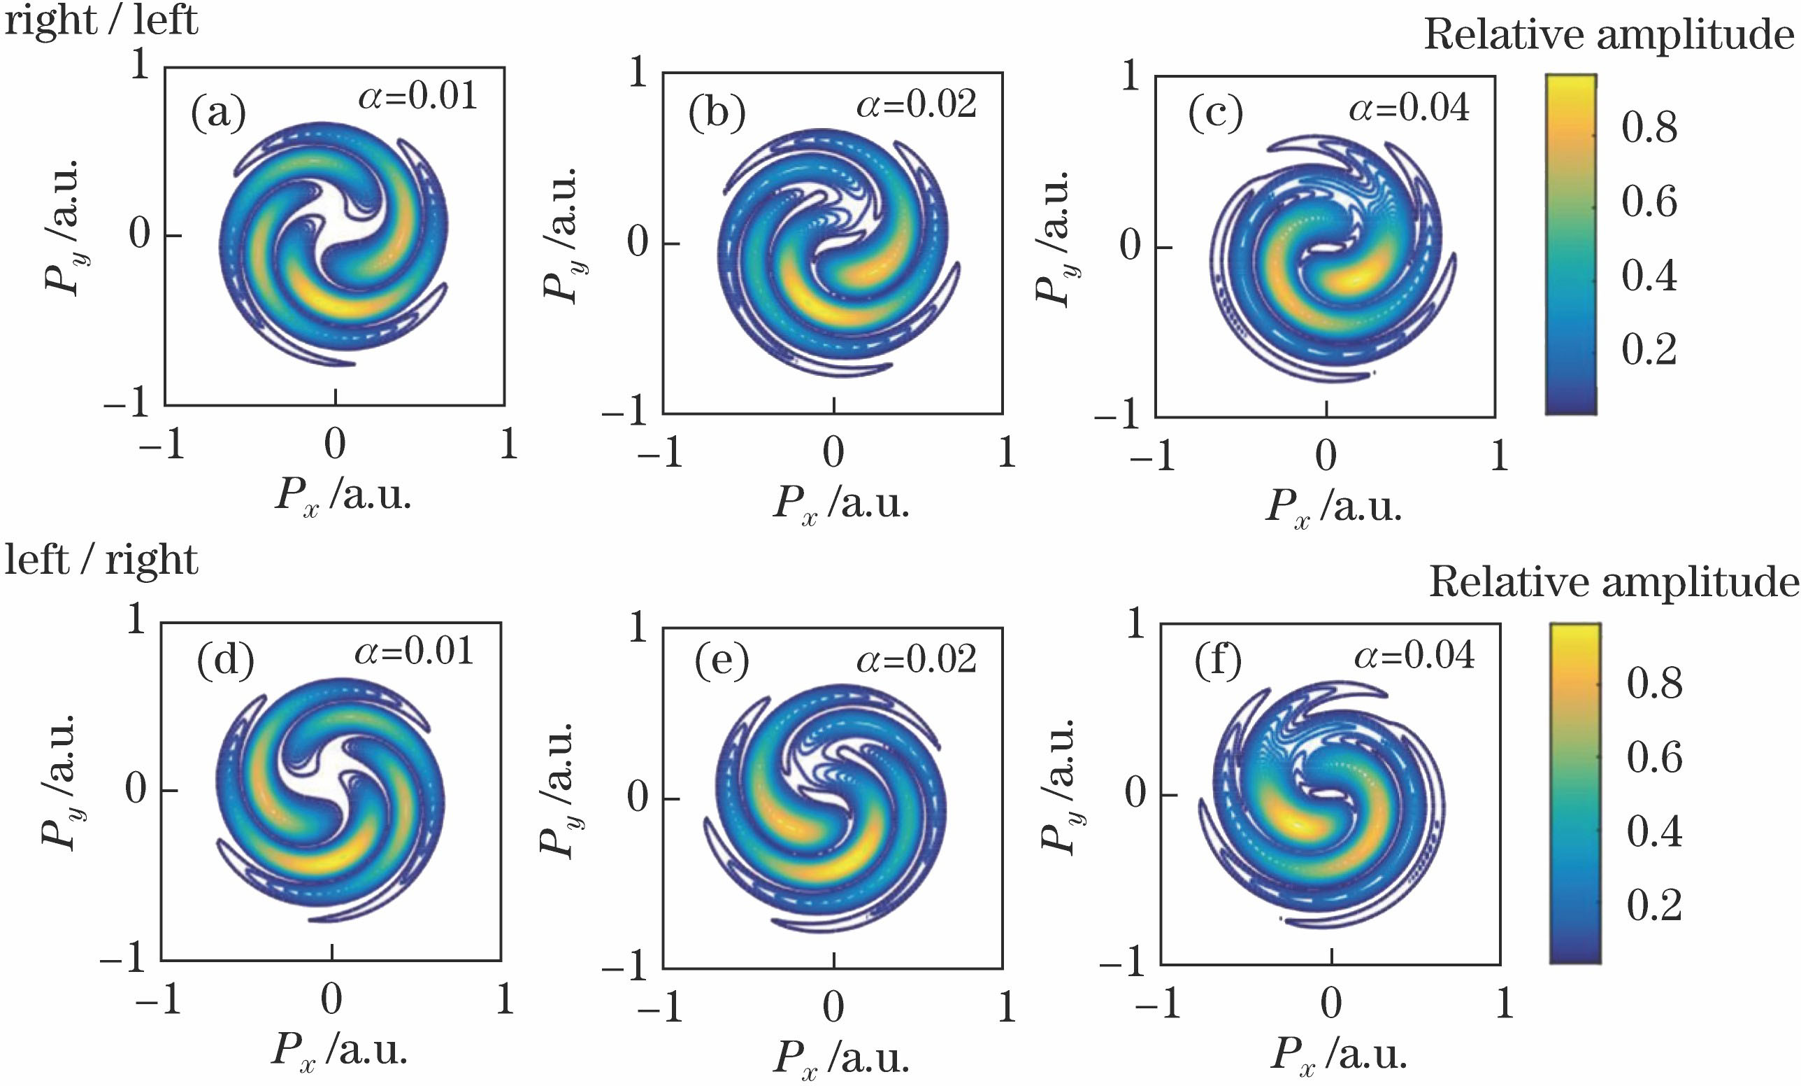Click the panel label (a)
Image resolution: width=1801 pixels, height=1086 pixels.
click(x=219, y=115)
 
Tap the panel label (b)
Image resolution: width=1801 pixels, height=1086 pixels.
click(x=717, y=115)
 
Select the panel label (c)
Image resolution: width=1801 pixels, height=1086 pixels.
click(x=1216, y=115)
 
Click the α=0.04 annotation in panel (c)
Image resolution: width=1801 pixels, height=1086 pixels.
click(x=1409, y=108)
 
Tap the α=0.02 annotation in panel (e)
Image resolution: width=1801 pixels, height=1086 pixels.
click(x=917, y=660)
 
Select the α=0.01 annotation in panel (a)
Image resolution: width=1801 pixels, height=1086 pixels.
click(x=417, y=96)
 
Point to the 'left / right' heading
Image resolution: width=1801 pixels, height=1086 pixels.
click(x=101, y=562)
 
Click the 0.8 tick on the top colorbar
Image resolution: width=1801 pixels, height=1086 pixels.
click(x=1649, y=128)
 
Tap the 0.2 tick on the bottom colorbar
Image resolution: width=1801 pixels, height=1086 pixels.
click(x=1654, y=905)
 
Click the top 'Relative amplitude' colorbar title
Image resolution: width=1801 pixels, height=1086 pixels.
click(x=1608, y=34)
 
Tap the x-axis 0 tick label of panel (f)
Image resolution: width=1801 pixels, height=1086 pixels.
click(x=1331, y=1003)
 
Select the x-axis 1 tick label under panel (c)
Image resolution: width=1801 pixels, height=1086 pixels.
click(x=1499, y=456)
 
